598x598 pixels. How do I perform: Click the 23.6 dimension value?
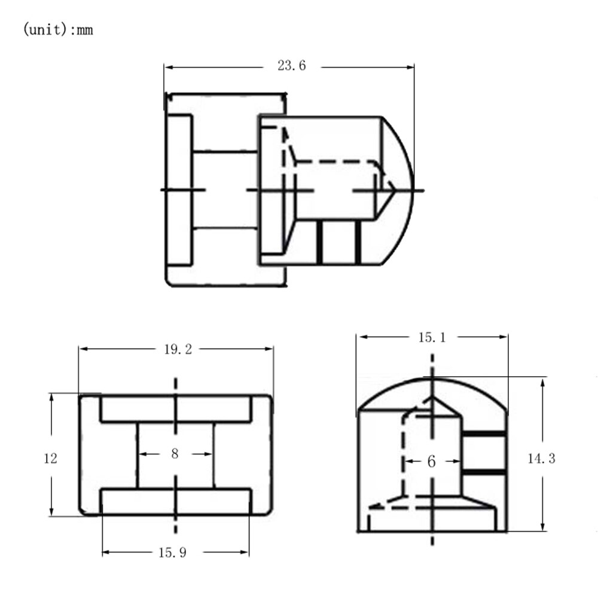[x=292, y=66]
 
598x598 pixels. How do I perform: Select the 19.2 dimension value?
[x=178, y=349]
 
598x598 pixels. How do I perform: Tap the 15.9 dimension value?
[x=172, y=552]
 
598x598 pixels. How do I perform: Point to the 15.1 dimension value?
[x=432, y=337]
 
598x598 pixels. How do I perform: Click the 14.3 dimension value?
[x=542, y=458]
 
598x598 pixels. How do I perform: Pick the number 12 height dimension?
[x=50, y=458]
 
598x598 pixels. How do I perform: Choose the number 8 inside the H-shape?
[x=175, y=453]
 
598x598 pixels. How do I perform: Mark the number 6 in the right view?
[x=431, y=462]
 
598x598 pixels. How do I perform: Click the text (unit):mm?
[x=58, y=29]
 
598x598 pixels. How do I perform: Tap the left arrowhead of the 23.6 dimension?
[x=170, y=68]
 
